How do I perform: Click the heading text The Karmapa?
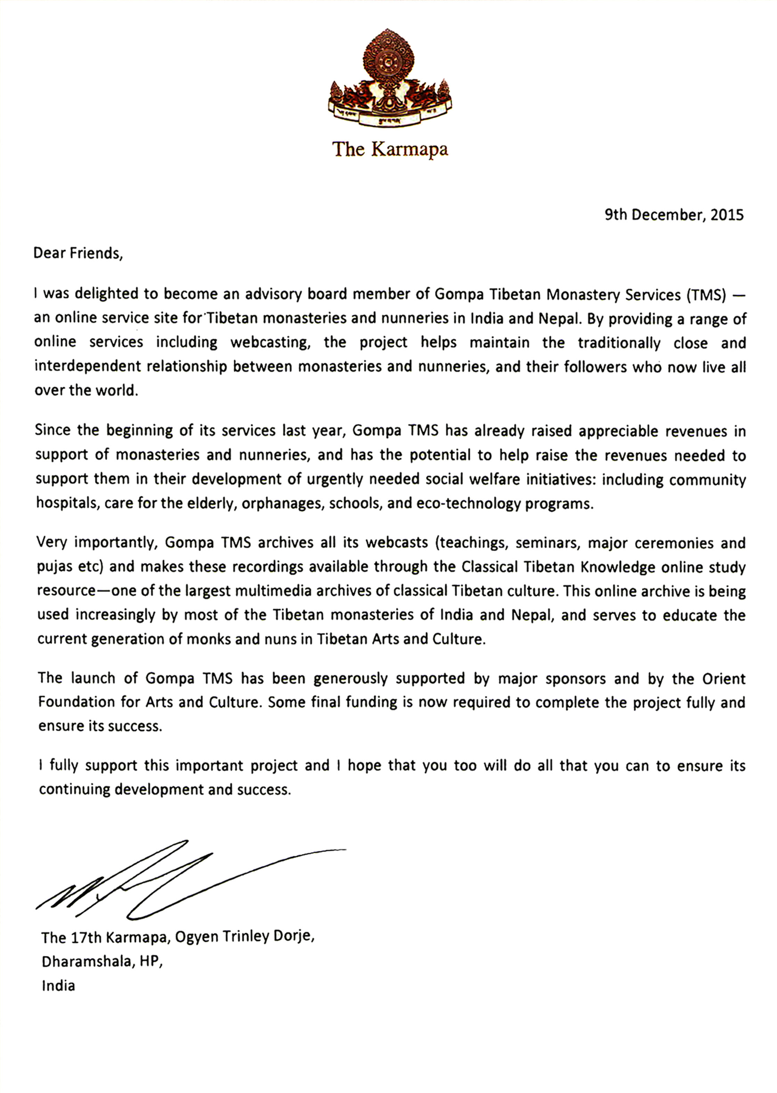pos(390,149)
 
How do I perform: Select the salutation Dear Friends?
pos(78,253)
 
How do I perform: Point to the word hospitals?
pos(66,504)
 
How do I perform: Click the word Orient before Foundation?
pos(723,678)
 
